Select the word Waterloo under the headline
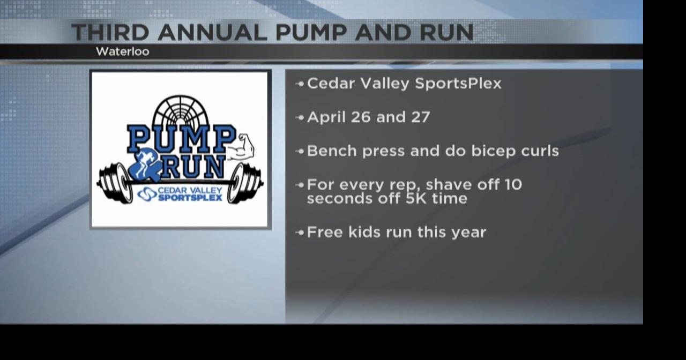(122, 51)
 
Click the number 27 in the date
(419, 117)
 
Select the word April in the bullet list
(326, 117)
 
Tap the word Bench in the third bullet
(332, 151)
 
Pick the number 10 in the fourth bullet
(512, 185)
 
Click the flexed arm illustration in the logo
(241, 148)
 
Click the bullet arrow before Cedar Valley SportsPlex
(300, 84)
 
